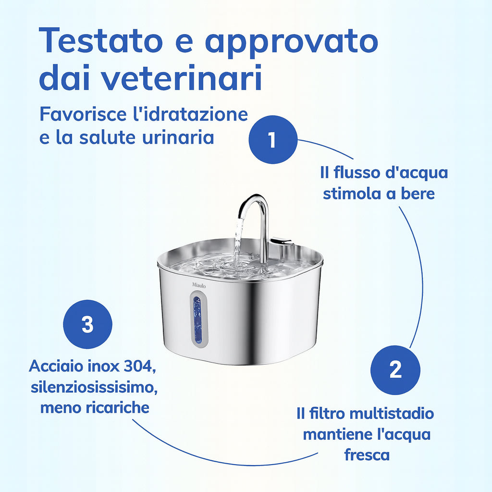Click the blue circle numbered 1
(x=272, y=140)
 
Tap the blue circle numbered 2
(x=395, y=370)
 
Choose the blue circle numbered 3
(x=87, y=325)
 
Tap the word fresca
(x=367, y=455)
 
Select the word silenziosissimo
(x=94, y=387)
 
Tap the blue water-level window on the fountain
(x=197, y=320)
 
